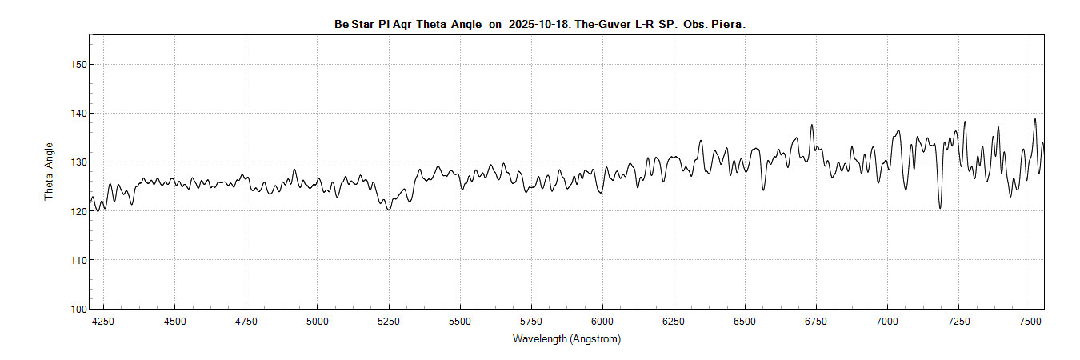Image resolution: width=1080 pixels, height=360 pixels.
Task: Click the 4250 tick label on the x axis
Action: (103, 322)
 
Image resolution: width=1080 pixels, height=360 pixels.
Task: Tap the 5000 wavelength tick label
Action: (318, 322)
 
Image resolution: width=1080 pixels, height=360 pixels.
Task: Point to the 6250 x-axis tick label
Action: (674, 322)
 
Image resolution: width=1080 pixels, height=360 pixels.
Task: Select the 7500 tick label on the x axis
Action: (1030, 322)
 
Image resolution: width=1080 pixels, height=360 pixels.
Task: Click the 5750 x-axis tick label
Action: (531, 322)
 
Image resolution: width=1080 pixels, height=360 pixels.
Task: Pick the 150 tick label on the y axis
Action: (78, 65)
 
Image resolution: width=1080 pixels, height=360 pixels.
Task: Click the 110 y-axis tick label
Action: (78, 260)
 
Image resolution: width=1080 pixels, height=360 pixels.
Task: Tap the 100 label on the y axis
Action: (78, 310)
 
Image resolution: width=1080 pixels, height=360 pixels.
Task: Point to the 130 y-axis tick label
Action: (78, 162)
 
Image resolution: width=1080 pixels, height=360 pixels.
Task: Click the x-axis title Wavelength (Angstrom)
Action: (566, 338)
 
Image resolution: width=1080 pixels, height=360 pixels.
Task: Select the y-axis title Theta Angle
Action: (49, 171)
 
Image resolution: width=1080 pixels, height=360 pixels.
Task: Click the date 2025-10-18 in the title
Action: (538, 24)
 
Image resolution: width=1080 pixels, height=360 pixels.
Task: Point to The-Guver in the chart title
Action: (602, 24)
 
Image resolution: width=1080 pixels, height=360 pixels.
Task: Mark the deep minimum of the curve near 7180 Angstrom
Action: (940, 208)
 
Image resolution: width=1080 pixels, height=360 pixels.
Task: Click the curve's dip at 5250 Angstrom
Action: (389, 209)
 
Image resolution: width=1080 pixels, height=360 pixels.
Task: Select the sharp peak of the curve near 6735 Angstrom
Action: (811, 126)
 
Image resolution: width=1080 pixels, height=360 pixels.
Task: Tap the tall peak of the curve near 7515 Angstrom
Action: (1034, 119)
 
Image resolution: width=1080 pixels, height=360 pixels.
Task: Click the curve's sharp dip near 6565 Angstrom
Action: (763, 190)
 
